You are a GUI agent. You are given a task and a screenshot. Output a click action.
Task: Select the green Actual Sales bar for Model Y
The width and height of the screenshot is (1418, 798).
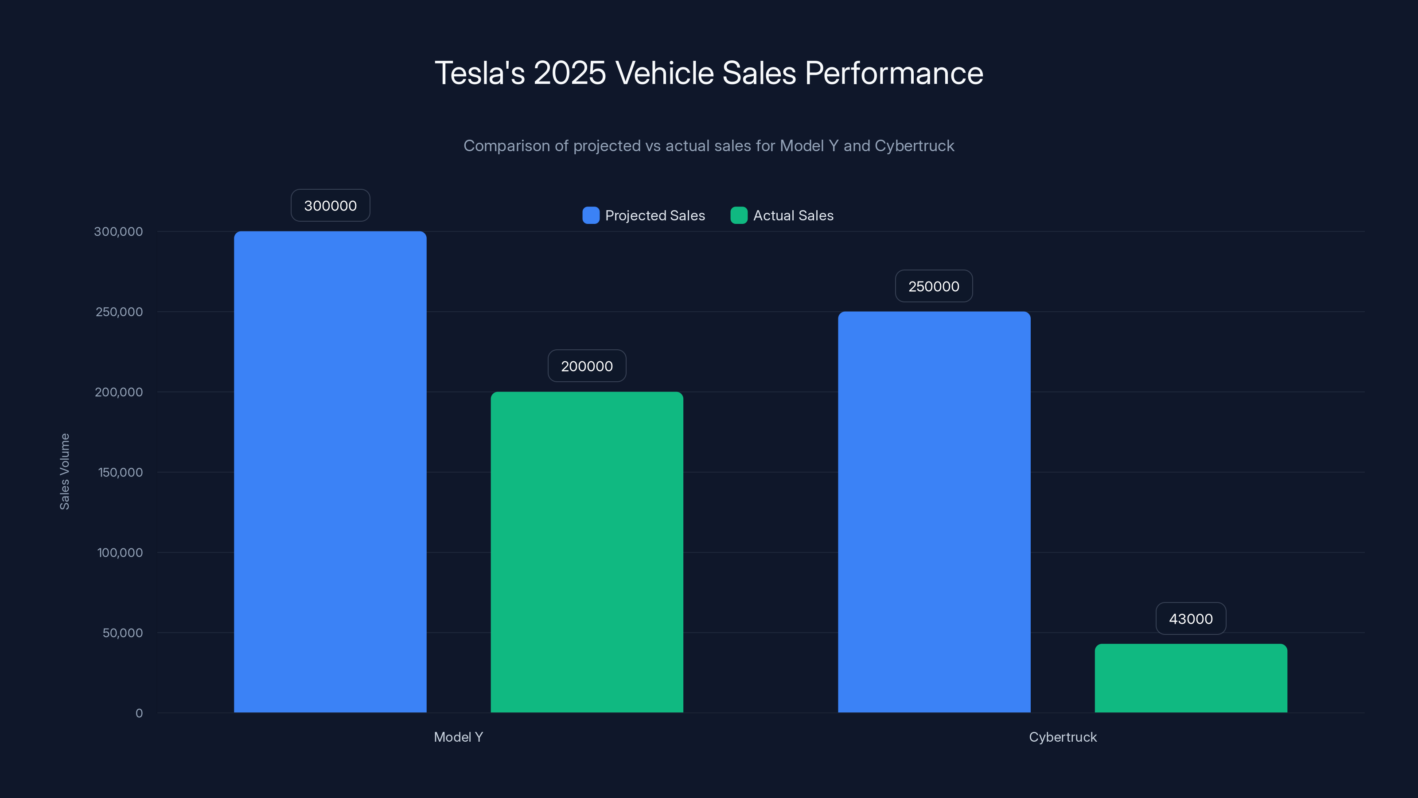tap(587, 552)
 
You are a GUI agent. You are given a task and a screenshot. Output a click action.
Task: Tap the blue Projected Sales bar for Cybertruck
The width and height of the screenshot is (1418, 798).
tap(934, 512)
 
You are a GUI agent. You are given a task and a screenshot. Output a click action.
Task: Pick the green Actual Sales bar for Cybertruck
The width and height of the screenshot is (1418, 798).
tap(1191, 678)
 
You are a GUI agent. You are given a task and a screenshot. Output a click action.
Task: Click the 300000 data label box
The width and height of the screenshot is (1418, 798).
tap(330, 205)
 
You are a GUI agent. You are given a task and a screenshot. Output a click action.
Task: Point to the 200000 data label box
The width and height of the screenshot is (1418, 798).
tap(587, 366)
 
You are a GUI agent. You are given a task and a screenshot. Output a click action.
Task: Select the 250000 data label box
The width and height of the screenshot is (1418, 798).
tap(934, 286)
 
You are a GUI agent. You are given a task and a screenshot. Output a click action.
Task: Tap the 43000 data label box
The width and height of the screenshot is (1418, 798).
tap(1191, 618)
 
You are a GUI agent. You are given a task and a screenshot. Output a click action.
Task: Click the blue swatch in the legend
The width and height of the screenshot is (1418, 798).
tap(591, 215)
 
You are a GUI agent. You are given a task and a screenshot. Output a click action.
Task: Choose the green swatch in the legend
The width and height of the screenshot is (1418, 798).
tap(739, 215)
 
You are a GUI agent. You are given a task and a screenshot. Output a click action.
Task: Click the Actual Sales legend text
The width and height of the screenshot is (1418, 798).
tap(793, 215)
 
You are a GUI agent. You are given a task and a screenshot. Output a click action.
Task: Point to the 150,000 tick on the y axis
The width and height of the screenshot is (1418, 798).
tap(120, 472)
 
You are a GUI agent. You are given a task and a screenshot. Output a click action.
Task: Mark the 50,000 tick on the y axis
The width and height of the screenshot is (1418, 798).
tap(122, 633)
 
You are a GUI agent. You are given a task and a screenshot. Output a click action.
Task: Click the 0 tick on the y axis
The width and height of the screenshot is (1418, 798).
tap(139, 713)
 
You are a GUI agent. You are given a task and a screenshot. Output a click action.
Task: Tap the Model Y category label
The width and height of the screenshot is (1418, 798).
tap(458, 737)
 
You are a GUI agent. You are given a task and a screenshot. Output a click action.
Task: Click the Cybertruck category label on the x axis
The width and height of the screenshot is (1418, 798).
tap(1063, 737)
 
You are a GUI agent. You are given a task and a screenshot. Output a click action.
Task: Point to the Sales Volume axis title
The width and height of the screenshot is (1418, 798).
tap(64, 471)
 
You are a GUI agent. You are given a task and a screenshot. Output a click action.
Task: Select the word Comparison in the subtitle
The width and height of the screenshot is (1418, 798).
tap(506, 146)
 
